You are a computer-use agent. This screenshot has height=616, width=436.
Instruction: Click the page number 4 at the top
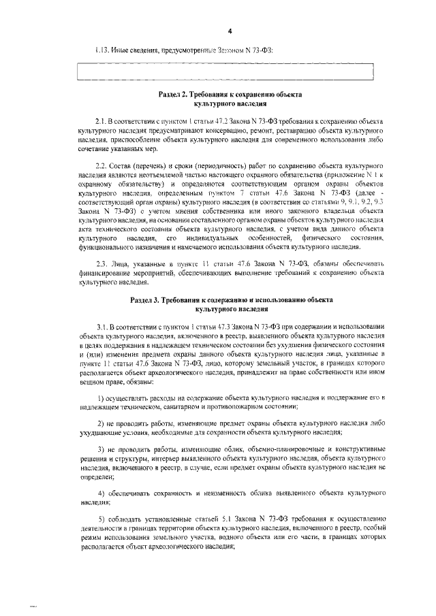coord(230,32)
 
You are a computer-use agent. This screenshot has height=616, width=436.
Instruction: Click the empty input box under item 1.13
coord(226,71)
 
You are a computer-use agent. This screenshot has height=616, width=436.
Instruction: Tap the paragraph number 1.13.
coord(102,50)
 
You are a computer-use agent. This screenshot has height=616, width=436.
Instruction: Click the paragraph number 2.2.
coord(103,166)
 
